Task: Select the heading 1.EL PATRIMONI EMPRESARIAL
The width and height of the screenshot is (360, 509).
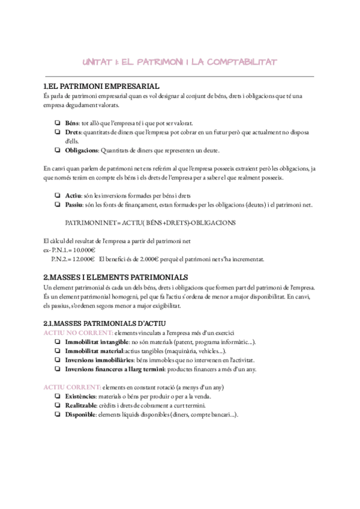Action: point(101,87)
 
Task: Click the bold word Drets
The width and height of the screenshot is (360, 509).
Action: point(73,131)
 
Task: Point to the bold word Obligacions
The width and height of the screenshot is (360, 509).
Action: point(81,149)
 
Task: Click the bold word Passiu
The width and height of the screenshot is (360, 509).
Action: point(74,205)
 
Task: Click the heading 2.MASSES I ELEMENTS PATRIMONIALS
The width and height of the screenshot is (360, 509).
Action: point(116,277)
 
